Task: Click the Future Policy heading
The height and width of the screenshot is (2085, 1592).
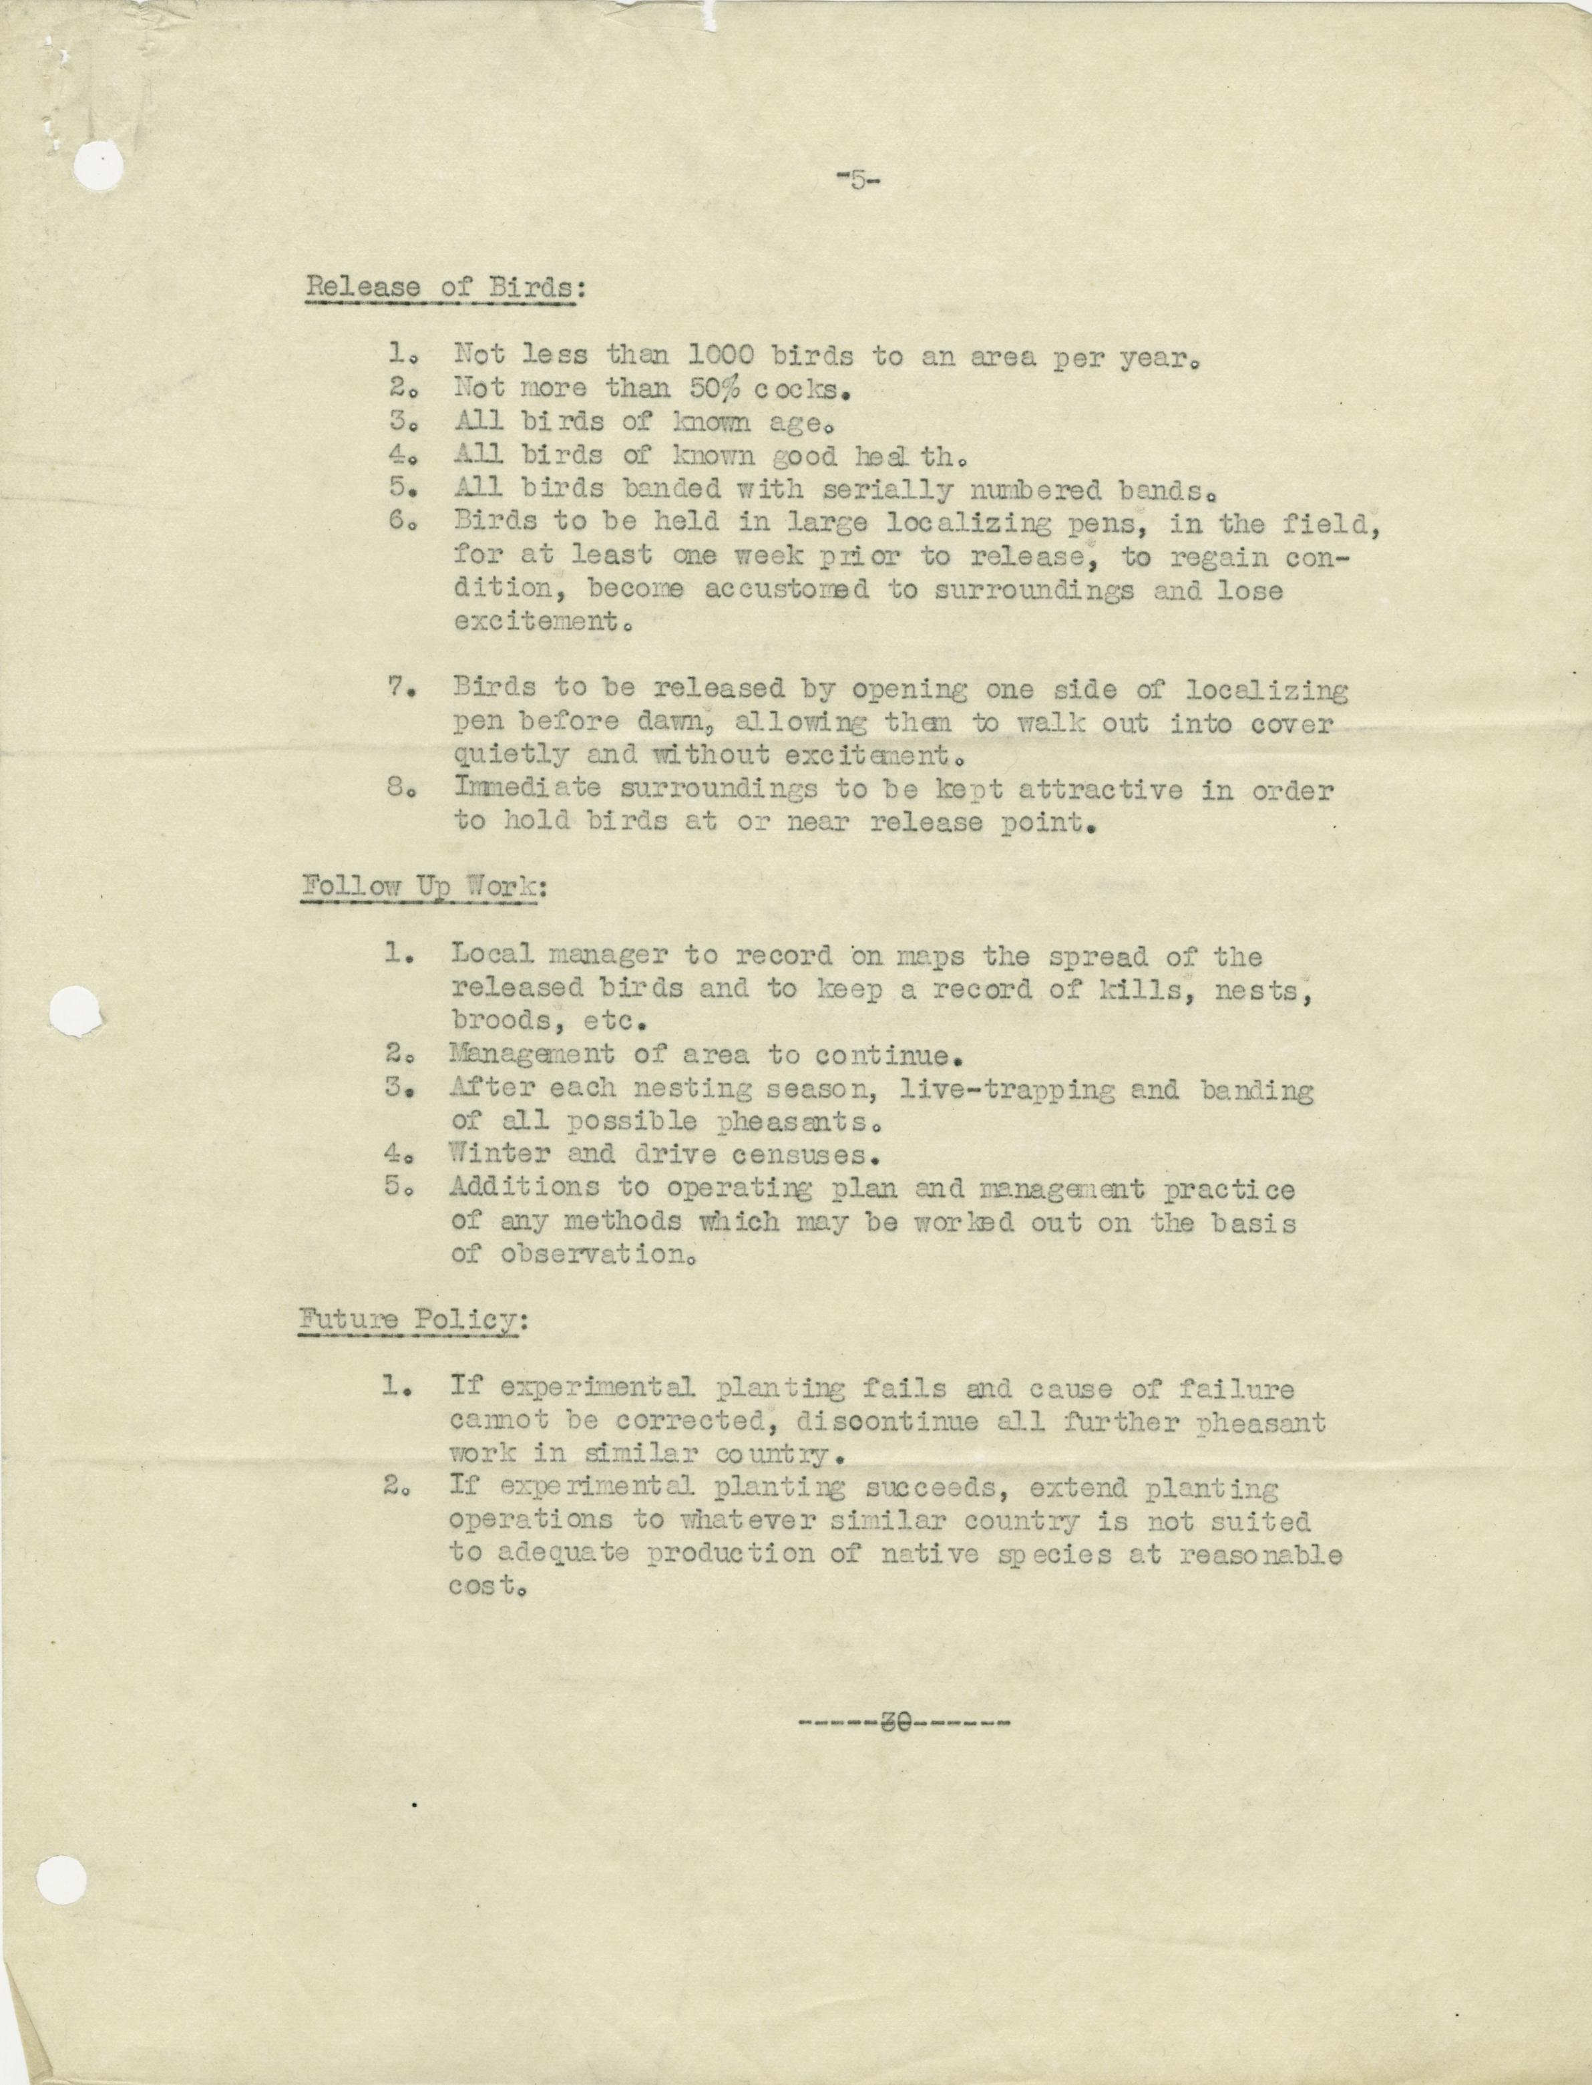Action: click(x=410, y=1320)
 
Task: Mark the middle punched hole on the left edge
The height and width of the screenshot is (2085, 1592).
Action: click(x=74, y=1011)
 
